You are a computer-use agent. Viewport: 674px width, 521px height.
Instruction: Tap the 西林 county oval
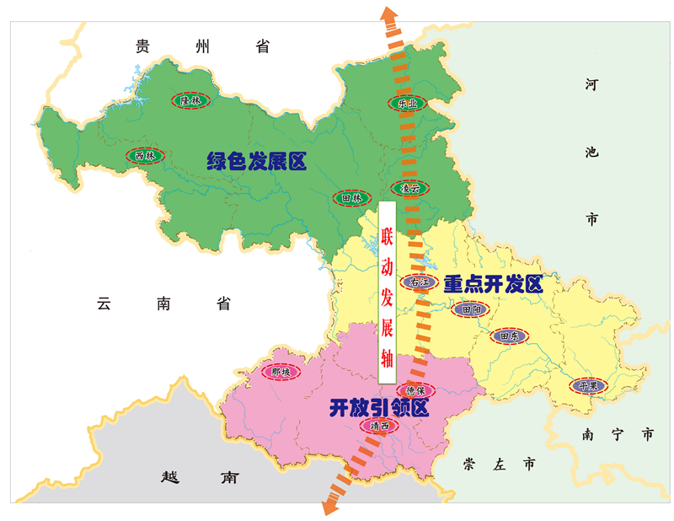(144, 156)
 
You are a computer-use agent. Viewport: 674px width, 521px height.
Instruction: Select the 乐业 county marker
(408, 104)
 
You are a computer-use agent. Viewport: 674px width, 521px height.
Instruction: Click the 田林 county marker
(351, 199)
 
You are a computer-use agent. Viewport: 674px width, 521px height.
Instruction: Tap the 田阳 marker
(471, 310)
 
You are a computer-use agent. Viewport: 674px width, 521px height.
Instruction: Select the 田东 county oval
(509, 336)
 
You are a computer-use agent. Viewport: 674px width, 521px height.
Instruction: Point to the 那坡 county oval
(280, 372)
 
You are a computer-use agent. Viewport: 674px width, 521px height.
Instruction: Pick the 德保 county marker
(415, 390)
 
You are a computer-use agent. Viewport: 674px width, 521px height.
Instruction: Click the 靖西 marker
(380, 427)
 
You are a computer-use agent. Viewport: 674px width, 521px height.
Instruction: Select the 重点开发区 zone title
(493, 285)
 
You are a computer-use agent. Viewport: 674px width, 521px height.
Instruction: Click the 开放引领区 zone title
(379, 409)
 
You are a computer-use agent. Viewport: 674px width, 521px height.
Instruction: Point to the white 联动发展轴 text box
(387, 286)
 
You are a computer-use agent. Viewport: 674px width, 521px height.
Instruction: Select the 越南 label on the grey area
(199, 477)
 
